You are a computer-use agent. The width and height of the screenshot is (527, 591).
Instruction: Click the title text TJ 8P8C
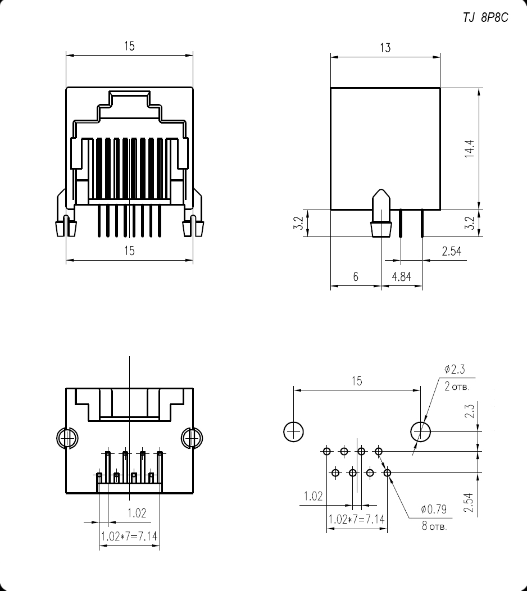pyautogui.click(x=485, y=18)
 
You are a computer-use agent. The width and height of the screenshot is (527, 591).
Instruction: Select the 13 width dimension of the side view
pyautogui.click(x=385, y=48)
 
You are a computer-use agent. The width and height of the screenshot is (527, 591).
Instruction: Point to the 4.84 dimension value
pyautogui.click(x=401, y=277)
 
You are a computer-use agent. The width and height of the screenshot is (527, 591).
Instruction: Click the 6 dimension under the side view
pyautogui.click(x=356, y=277)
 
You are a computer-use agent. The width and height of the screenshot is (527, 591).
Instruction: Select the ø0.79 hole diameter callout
pyautogui.click(x=434, y=510)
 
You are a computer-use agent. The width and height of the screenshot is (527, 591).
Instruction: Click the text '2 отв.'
pyautogui.click(x=456, y=388)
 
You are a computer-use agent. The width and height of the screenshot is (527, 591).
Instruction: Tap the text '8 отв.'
pyautogui.click(x=434, y=528)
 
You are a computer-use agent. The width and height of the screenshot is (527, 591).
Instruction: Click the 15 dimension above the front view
pyautogui.click(x=129, y=47)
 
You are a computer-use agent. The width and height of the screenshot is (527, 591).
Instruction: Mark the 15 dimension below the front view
pyautogui.click(x=129, y=251)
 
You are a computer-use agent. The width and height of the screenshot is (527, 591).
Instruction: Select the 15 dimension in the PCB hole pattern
pyautogui.click(x=357, y=381)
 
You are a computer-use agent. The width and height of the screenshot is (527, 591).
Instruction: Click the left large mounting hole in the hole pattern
pyautogui.click(x=293, y=431)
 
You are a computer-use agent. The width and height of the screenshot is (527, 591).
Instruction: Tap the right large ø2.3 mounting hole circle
pyautogui.click(x=421, y=431)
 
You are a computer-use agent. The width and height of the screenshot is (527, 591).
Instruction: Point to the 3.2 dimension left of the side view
pyautogui.click(x=300, y=223)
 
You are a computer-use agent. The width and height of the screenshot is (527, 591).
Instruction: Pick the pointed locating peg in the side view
pyautogui.click(x=381, y=213)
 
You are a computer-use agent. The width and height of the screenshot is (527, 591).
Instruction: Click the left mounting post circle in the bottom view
pyautogui.click(x=66, y=437)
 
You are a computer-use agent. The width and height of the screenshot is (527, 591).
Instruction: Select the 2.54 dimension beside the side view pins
pyautogui.click(x=451, y=251)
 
